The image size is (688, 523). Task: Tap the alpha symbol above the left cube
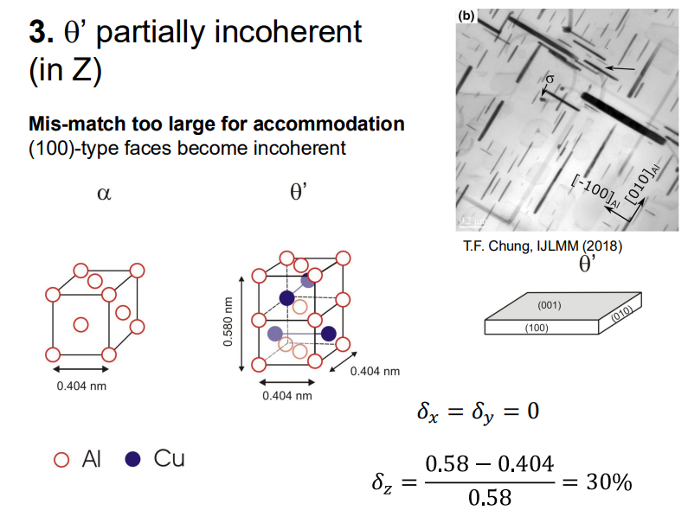[104, 194]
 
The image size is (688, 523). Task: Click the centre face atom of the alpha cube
[81, 324]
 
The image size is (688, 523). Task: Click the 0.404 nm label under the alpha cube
[81, 386]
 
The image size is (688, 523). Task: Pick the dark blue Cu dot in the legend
[132, 459]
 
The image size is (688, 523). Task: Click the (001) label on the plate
[549, 306]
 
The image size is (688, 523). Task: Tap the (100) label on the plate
[537, 328]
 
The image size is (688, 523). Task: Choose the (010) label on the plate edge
[621, 316]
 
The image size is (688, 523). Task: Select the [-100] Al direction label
[594, 191]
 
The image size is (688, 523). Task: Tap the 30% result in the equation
[608, 481]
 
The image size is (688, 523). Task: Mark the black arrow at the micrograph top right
[620, 67]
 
